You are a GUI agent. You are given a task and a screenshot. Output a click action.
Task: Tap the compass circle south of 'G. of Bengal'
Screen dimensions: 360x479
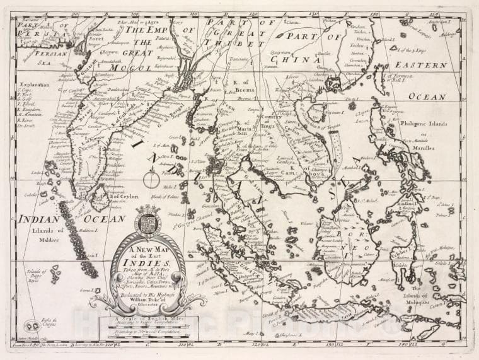tap(152, 180)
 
